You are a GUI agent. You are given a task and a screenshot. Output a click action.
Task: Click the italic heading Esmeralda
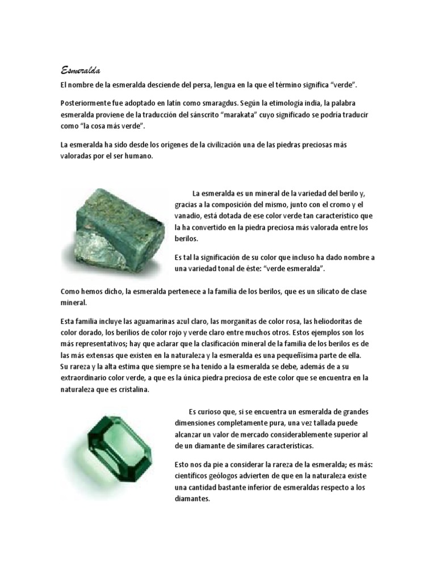pos(81,70)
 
